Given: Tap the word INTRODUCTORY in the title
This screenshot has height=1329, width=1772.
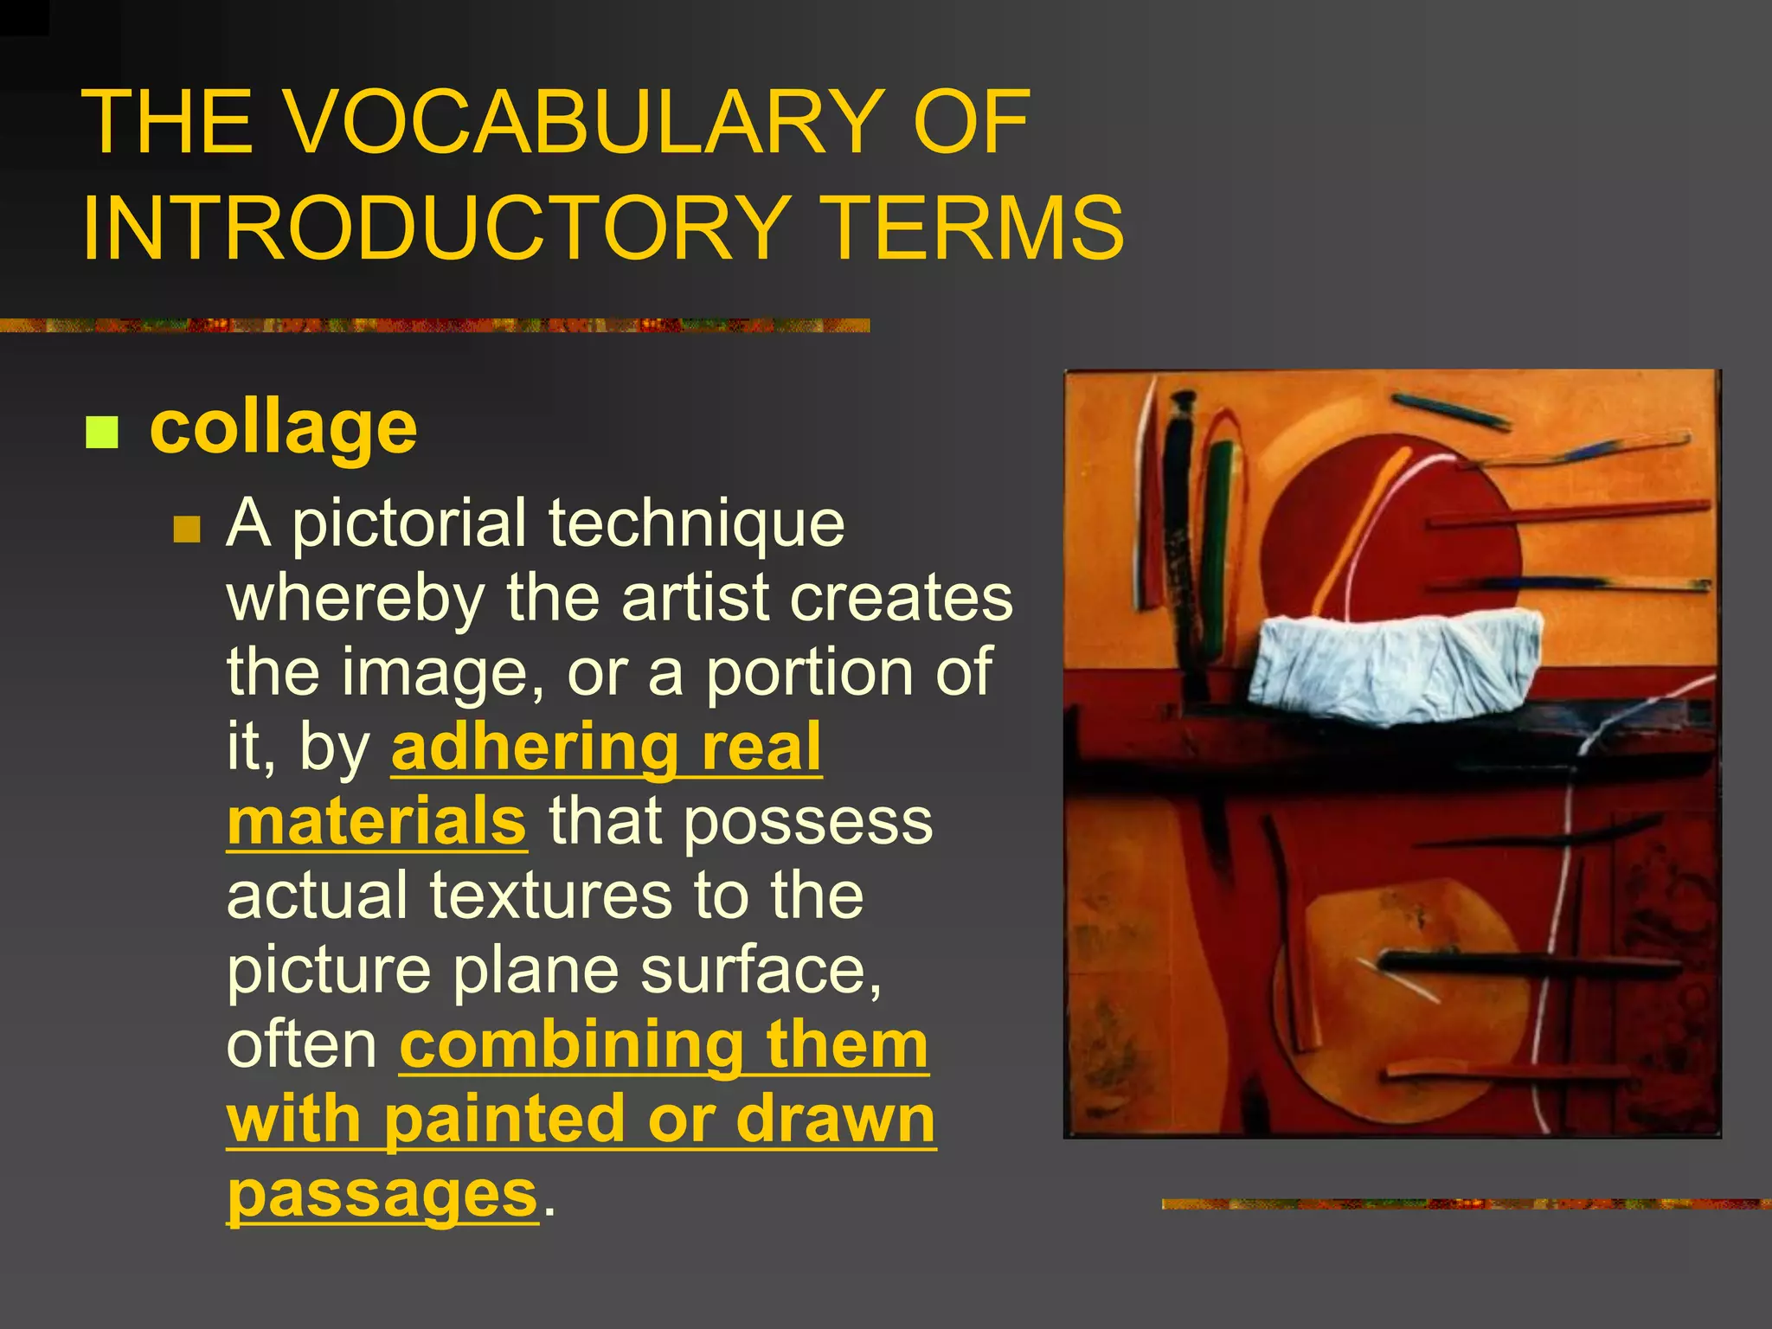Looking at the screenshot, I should coord(433,227).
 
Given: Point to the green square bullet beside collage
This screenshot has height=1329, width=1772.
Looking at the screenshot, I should coord(102,433).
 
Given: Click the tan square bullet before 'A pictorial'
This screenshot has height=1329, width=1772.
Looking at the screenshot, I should coord(186,529).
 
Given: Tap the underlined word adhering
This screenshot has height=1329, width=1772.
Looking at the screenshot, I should coord(534,748).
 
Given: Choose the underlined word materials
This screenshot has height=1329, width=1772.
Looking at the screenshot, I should coord(376,822).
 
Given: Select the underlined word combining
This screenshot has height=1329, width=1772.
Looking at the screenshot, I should coord(571,1045).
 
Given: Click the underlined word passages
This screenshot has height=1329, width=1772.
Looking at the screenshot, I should coord(382,1195).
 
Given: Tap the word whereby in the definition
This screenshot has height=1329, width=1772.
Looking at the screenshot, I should coord(356,598).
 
